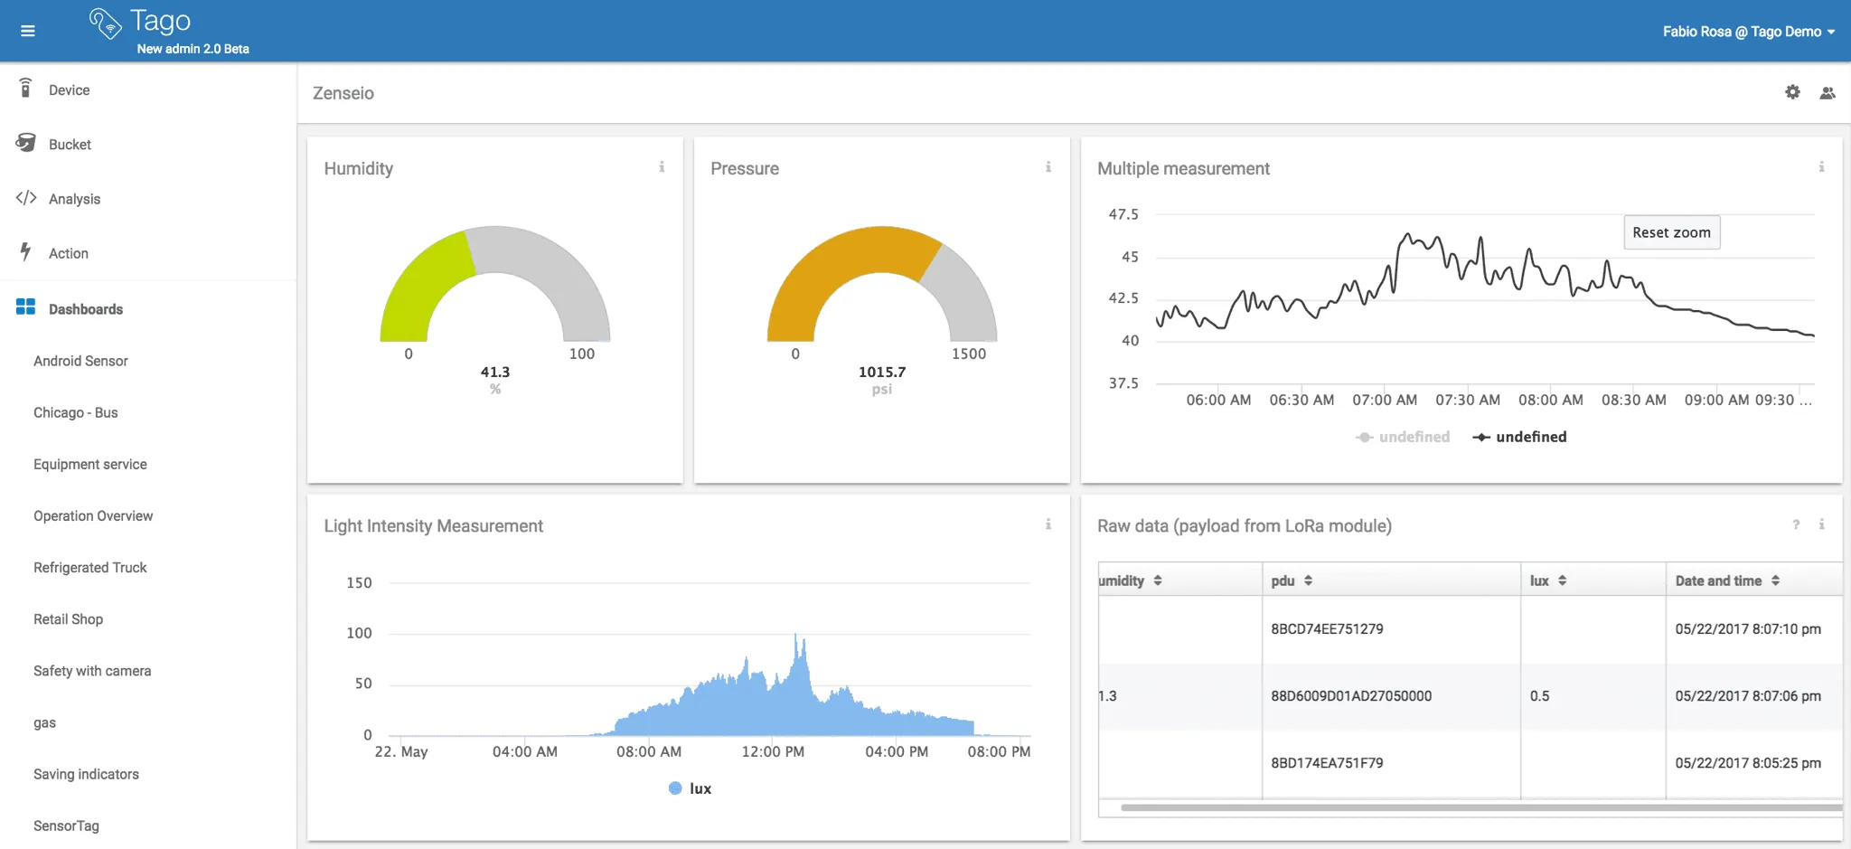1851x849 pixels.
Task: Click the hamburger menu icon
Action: [x=28, y=32]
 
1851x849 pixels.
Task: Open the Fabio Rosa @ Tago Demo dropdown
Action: [x=1748, y=32]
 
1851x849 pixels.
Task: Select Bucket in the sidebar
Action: [x=70, y=145]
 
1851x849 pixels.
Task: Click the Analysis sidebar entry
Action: [x=74, y=199]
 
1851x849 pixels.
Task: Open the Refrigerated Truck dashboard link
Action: [x=89, y=568]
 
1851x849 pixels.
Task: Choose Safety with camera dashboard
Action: [x=92, y=671]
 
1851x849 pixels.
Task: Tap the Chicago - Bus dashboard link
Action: [x=76, y=412]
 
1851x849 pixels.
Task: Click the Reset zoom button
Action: [x=1671, y=232]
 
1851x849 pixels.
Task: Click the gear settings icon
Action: [x=1792, y=92]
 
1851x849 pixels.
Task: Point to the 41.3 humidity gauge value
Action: [x=495, y=372]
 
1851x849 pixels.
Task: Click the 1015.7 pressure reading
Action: [x=882, y=372]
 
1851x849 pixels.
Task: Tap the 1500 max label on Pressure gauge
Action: [x=968, y=354]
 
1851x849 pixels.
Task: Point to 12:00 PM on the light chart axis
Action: [x=773, y=751]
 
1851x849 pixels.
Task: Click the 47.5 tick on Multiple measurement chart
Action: [x=1123, y=214]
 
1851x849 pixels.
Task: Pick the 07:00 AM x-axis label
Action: [x=1385, y=400]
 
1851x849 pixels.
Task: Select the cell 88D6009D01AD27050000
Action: [x=1351, y=696]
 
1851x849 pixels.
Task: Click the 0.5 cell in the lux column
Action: [x=1539, y=696]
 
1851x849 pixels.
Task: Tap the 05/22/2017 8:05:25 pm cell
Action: [x=1748, y=763]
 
